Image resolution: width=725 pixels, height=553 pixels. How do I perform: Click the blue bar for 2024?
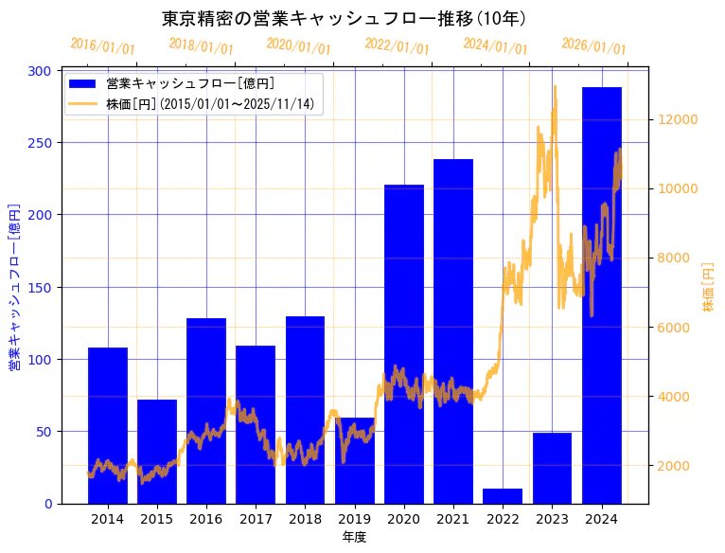click(x=601, y=294)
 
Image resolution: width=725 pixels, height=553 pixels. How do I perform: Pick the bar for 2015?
click(x=157, y=451)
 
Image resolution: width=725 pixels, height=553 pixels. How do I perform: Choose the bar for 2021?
click(x=453, y=330)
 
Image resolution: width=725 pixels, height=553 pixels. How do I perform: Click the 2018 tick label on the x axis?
click(x=305, y=519)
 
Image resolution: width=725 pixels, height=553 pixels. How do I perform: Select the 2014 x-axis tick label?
click(x=107, y=519)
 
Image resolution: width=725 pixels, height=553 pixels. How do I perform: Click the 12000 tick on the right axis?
click(x=679, y=119)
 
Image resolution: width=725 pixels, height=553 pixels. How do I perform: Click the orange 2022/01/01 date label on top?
click(x=397, y=46)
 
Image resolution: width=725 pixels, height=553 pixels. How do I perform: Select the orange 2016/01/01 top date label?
click(x=102, y=46)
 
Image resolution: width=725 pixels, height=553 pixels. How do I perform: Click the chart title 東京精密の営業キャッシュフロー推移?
click(x=345, y=18)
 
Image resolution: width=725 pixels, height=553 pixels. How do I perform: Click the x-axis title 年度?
click(x=354, y=537)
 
